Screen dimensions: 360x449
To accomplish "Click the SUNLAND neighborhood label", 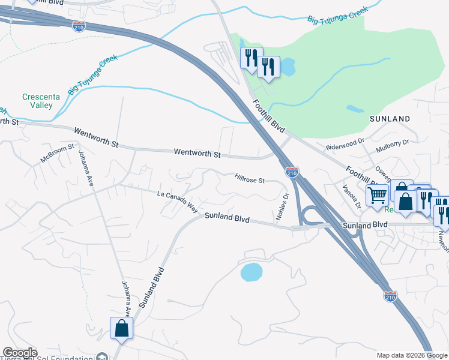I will click(x=390, y=119).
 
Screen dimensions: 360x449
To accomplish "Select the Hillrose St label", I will click(x=250, y=178).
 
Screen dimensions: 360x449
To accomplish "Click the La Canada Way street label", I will click(x=178, y=202).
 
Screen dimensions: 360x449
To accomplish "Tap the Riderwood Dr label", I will click(x=345, y=144).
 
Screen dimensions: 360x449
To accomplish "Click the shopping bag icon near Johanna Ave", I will click(x=121, y=328).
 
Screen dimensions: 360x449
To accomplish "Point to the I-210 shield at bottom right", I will click(x=390, y=296).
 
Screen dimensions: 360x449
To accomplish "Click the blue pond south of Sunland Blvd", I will click(x=252, y=272).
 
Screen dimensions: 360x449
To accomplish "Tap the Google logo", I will click(x=20, y=353).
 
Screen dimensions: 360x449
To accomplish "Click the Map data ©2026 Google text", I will click(x=411, y=355).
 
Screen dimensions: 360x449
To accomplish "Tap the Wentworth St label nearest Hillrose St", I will click(x=197, y=154).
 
